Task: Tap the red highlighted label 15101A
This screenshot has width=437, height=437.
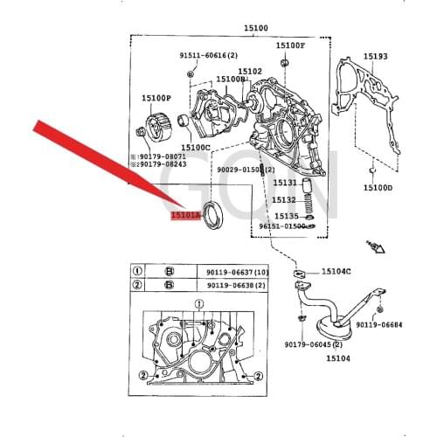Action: click(x=185, y=212)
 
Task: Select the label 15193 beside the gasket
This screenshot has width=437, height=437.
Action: click(x=375, y=55)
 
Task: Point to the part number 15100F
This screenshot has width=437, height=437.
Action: click(x=290, y=45)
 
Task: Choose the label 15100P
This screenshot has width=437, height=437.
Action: click(x=156, y=99)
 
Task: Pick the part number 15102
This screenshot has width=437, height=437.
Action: click(x=250, y=71)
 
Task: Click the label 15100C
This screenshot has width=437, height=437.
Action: click(x=197, y=148)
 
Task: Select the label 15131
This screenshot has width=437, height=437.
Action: click(x=286, y=184)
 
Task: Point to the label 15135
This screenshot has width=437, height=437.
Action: click(x=286, y=215)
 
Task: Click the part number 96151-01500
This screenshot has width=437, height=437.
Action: click(x=283, y=226)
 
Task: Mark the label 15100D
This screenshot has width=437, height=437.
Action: click(x=378, y=187)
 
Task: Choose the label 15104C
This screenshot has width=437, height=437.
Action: click(x=336, y=272)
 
